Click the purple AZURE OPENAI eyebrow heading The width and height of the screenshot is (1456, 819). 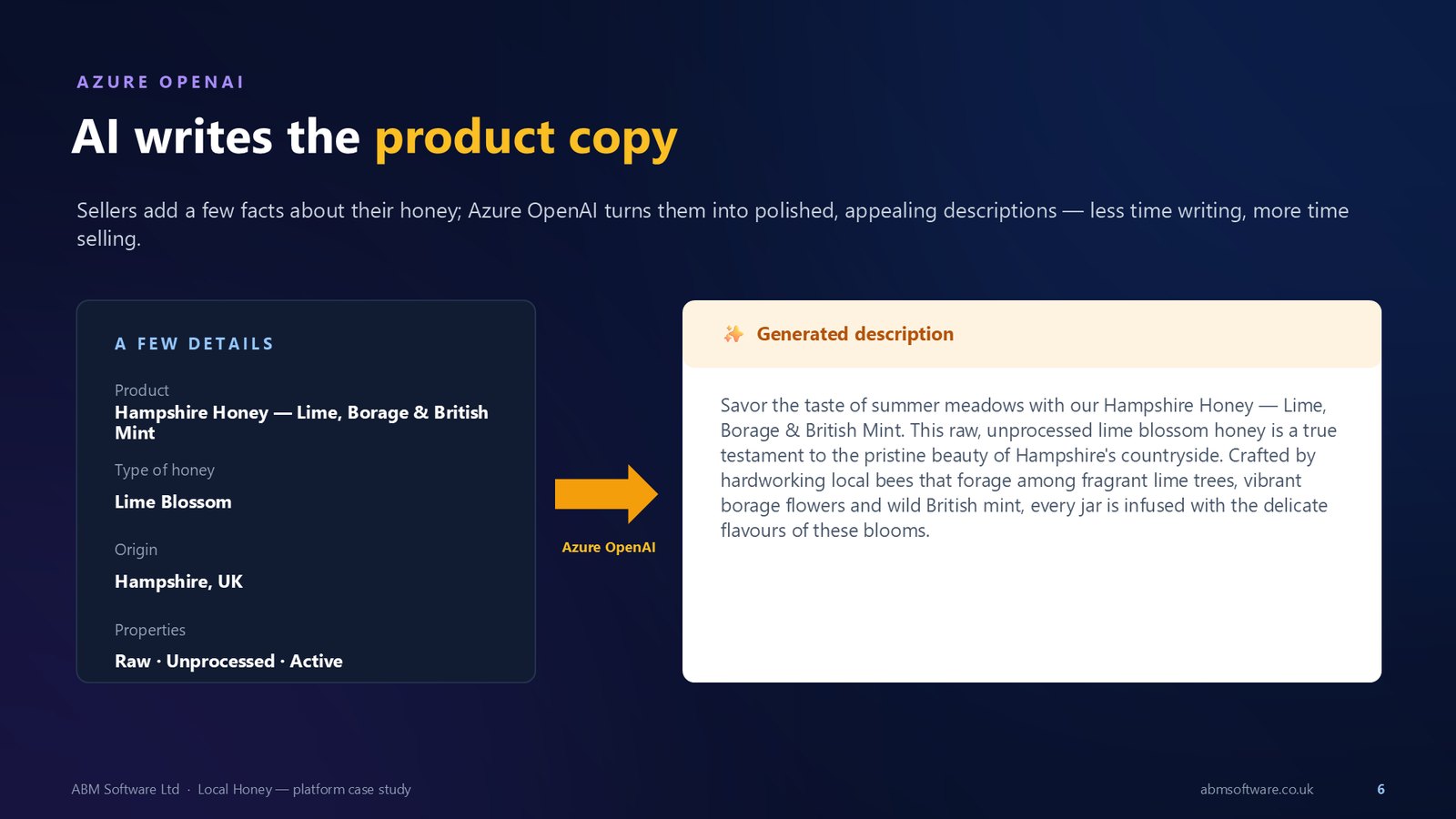(160, 82)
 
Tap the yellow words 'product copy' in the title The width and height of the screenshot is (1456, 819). (526, 138)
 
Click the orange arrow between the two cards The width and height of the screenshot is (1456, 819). (606, 494)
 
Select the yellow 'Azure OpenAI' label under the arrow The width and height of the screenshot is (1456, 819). (609, 547)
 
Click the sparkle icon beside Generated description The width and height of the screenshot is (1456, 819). (733, 334)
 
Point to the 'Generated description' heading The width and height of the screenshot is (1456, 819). (854, 334)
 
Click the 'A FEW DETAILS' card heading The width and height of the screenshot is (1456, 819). (194, 344)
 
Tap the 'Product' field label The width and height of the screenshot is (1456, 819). (142, 390)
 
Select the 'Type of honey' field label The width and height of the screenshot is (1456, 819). (165, 470)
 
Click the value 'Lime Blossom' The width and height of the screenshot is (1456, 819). (173, 501)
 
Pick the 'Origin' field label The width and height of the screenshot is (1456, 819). (136, 550)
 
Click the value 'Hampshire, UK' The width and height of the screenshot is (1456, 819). (178, 581)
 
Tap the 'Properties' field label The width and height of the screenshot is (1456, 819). (150, 630)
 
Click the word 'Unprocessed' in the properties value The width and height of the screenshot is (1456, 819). (220, 661)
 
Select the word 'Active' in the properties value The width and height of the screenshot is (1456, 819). (316, 661)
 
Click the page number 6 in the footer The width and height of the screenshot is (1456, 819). (1380, 789)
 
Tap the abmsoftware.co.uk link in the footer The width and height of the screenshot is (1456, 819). (1257, 789)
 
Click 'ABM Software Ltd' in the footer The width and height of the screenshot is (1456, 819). (125, 789)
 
